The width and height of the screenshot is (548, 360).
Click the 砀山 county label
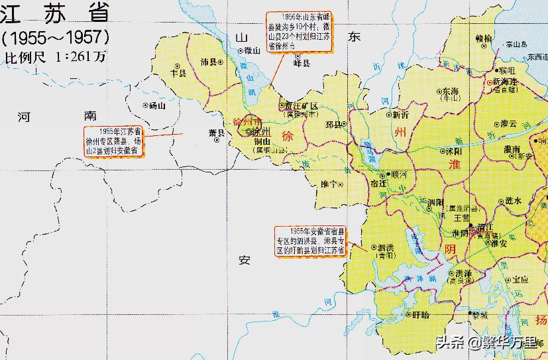click(156, 105)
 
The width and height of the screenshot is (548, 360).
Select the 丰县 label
click(179, 74)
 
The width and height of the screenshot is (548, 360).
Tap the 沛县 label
click(209, 62)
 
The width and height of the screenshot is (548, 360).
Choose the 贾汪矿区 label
click(301, 106)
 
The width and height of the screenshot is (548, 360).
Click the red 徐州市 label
click(248, 122)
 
